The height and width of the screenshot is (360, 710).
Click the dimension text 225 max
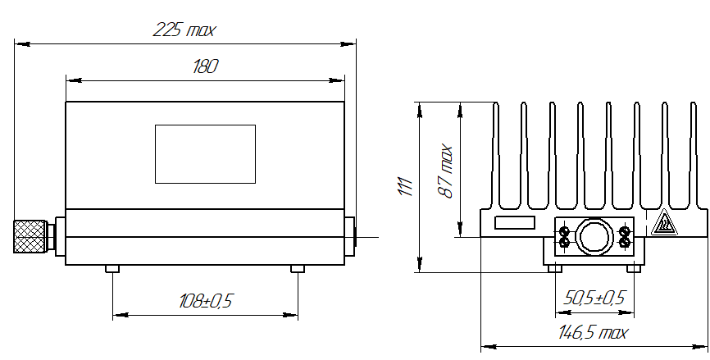(184, 30)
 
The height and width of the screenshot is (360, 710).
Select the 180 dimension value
(205, 66)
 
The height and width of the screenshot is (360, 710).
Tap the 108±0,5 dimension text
(206, 301)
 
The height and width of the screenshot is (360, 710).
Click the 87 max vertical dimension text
(445, 171)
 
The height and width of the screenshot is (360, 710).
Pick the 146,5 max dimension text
(594, 333)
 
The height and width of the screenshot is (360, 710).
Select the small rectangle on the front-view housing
(205, 154)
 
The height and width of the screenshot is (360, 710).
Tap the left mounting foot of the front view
(113, 269)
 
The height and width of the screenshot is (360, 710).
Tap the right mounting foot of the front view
(298, 269)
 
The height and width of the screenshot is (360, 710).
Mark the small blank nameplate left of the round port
(514, 222)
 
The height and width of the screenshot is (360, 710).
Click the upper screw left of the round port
(564, 230)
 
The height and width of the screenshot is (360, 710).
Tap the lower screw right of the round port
(624, 243)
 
